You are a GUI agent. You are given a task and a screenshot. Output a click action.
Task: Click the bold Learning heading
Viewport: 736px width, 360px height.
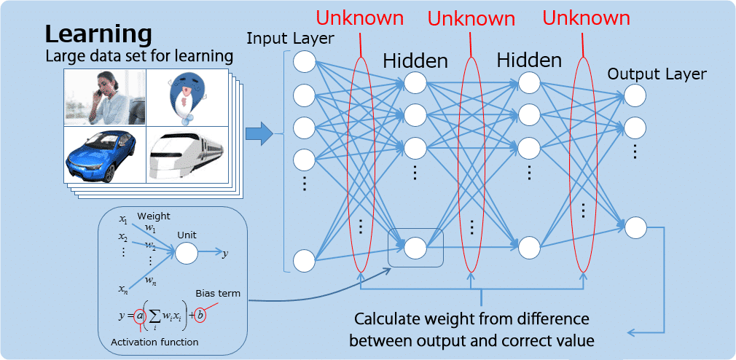click(x=98, y=34)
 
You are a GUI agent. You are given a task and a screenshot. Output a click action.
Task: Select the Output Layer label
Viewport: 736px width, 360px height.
click(x=656, y=74)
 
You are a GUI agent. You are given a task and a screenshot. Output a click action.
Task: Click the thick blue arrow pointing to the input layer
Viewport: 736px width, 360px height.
click(x=259, y=133)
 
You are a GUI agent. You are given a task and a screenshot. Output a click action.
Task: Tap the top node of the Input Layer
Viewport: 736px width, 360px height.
click(x=305, y=62)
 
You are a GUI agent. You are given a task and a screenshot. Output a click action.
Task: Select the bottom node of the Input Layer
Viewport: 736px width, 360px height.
click(x=305, y=261)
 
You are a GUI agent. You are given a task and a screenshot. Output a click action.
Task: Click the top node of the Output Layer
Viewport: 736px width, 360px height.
click(x=635, y=95)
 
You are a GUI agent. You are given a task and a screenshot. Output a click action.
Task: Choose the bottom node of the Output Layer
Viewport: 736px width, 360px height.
click(x=635, y=227)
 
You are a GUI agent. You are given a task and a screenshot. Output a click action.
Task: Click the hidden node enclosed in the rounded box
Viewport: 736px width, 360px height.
click(x=415, y=248)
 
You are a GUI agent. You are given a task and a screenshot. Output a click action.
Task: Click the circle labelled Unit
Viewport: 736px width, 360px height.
click(x=187, y=253)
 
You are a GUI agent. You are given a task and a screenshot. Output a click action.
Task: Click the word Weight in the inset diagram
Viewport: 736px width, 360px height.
click(x=153, y=217)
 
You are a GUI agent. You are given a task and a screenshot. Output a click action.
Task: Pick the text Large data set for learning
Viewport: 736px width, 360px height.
click(x=140, y=55)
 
